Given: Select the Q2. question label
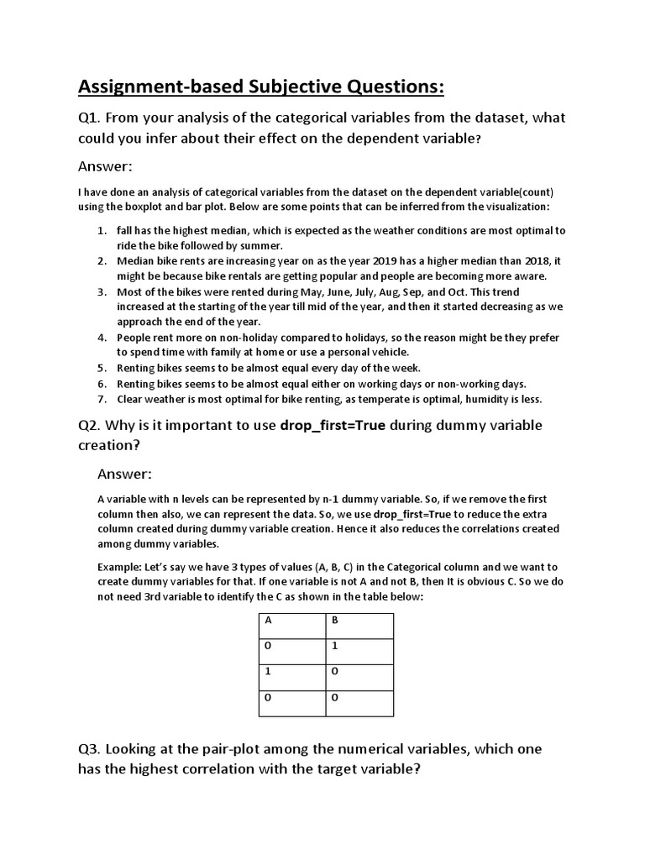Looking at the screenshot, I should (x=92, y=425).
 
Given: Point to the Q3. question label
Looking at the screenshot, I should (x=92, y=747).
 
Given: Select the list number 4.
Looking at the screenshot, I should (x=102, y=338).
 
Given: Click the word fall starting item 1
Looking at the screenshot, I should (x=126, y=230).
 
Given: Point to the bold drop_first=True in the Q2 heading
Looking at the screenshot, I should (x=333, y=425).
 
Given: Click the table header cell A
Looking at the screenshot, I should (x=291, y=625).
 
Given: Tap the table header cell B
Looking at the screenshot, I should (x=359, y=625).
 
